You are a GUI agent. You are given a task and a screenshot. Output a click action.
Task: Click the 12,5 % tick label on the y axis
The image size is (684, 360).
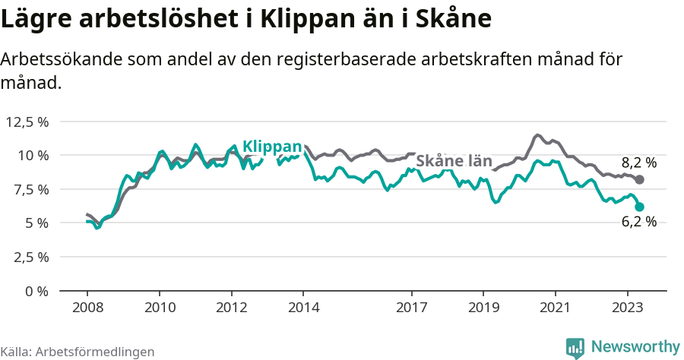click(x=27, y=122)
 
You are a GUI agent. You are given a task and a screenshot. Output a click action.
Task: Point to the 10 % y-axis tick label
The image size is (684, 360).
click(x=33, y=155)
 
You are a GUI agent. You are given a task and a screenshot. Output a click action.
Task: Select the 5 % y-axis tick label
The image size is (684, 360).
click(x=36, y=223)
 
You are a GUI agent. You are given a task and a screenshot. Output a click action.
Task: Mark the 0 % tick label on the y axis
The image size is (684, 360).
click(x=36, y=290)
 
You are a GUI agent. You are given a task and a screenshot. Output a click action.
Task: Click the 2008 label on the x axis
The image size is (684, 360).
click(x=87, y=308)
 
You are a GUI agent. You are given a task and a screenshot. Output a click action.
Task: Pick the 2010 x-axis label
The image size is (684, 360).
click(x=160, y=308)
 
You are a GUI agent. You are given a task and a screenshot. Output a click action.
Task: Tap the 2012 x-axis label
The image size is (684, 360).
click(x=231, y=308)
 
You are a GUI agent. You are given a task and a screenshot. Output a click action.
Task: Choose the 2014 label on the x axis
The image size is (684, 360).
click(x=303, y=308)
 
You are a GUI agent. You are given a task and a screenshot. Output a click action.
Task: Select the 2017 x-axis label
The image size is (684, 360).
click(x=411, y=308)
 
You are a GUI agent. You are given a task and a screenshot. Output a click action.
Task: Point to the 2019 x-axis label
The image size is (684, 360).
click(x=483, y=308)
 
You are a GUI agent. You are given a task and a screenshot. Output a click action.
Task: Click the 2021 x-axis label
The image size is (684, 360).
click(x=555, y=308)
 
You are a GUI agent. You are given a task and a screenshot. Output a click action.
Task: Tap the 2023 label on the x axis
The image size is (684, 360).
click(x=627, y=308)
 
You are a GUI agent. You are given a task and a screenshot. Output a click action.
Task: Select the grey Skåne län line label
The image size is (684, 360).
click(x=454, y=161)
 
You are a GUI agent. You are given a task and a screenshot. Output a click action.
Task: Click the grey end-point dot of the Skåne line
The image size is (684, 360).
click(x=639, y=180)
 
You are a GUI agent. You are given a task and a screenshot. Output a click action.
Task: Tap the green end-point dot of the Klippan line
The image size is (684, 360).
click(x=639, y=207)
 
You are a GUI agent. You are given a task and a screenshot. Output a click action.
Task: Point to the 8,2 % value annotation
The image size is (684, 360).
click(x=638, y=162)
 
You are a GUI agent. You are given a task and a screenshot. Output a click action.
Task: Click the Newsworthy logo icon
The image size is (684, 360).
click(x=575, y=347)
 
